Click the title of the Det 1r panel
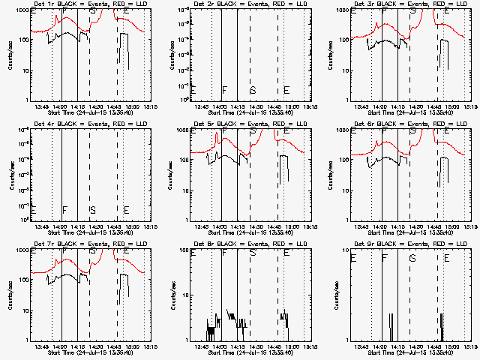pyautogui.click(x=80, y=5)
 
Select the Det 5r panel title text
pyautogui.click(x=240, y=123)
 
